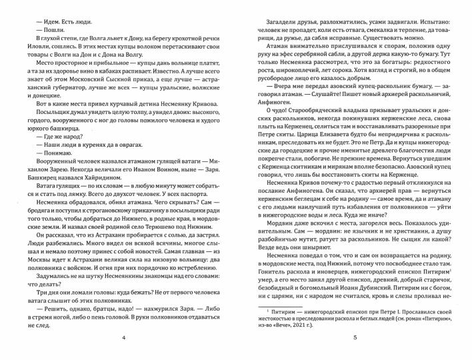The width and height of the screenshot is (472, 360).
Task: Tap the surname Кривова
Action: click(x=203, y=123)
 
